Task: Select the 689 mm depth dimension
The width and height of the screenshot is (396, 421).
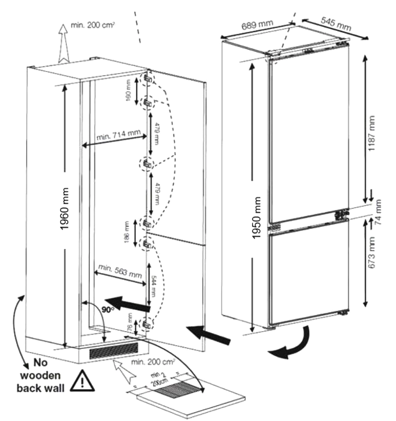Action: click(258, 26)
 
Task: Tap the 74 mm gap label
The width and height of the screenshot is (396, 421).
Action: click(379, 213)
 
